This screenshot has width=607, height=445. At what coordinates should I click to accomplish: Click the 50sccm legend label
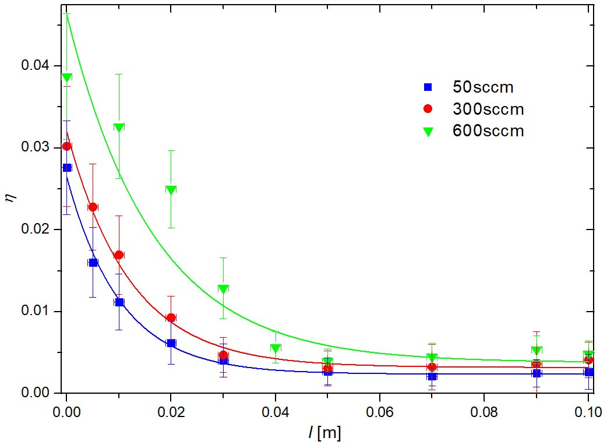pos(484,87)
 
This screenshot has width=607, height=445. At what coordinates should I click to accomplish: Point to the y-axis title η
pos(8,199)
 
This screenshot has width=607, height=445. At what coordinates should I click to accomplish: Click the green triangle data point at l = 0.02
pos(171,190)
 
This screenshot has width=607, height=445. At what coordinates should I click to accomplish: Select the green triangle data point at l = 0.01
pos(119,128)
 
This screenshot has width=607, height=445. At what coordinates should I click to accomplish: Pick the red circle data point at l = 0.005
pos(93,207)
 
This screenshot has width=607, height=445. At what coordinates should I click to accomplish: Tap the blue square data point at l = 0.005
pos(93,263)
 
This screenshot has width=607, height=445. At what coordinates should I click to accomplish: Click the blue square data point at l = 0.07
pos(432,376)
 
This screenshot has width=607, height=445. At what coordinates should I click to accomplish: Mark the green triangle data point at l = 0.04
pos(276,348)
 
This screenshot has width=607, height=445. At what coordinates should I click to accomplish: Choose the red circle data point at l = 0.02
pos(171,317)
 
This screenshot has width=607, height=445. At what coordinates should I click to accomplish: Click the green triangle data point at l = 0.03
pos(223,289)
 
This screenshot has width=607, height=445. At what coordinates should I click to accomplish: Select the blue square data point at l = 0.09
pos(537,373)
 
